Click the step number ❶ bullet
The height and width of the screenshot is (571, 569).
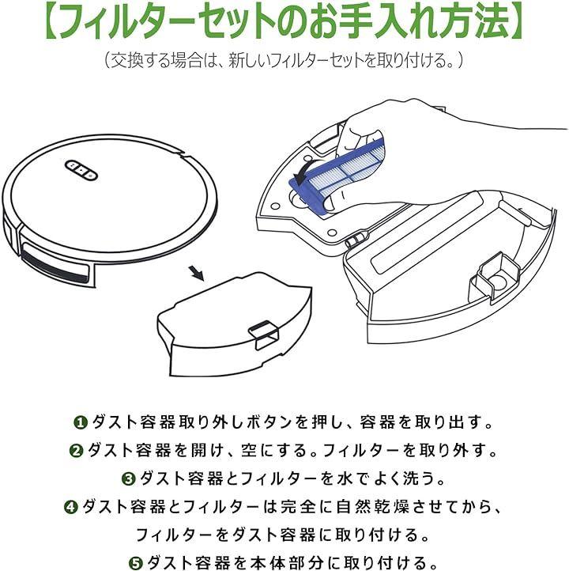click(x=80, y=423)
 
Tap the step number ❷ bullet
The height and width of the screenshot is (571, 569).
click(x=76, y=451)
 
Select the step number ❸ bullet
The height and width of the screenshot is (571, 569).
click(x=129, y=478)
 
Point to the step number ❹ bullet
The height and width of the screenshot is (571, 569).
click(x=71, y=507)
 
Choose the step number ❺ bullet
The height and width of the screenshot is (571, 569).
click(x=135, y=563)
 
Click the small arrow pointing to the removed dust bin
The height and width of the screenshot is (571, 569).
click(x=197, y=274)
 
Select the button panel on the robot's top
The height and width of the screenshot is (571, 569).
click(x=81, y=170)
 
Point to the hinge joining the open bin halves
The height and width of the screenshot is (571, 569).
click(x=355, y=239)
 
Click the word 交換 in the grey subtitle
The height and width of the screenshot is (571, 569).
click(x=126, y=60)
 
